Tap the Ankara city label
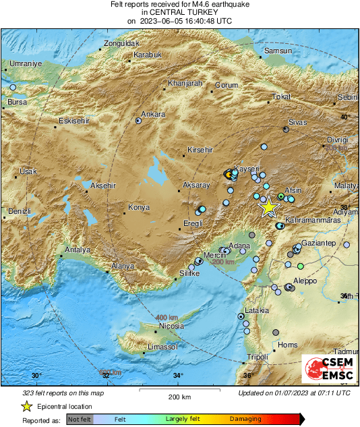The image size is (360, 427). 153,114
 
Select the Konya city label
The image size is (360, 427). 139,207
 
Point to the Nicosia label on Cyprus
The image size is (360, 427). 171,326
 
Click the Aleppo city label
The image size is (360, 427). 305,281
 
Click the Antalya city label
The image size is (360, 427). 77,250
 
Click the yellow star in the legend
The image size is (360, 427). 26,406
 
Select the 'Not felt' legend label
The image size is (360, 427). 80,420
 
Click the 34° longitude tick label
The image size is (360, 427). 177,376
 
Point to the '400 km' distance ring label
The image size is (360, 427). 166,317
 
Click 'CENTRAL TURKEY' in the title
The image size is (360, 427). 179,12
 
